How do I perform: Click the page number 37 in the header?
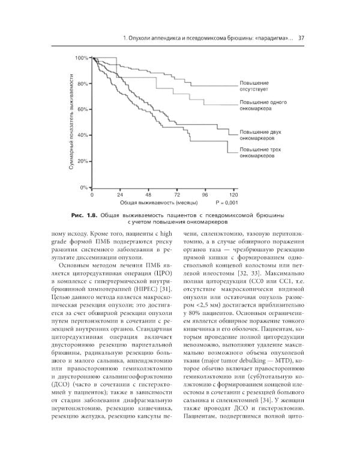(x=301, y=39)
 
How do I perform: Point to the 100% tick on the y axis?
(x=82, y=58)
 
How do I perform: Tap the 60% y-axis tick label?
(x=83, y=110)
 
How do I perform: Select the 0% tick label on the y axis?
(x=85, y=188)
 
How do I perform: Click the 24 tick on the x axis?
(x=120, y=196)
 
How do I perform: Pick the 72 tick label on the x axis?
(x=176, y=196)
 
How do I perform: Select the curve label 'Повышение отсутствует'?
(x=254, y=86)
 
